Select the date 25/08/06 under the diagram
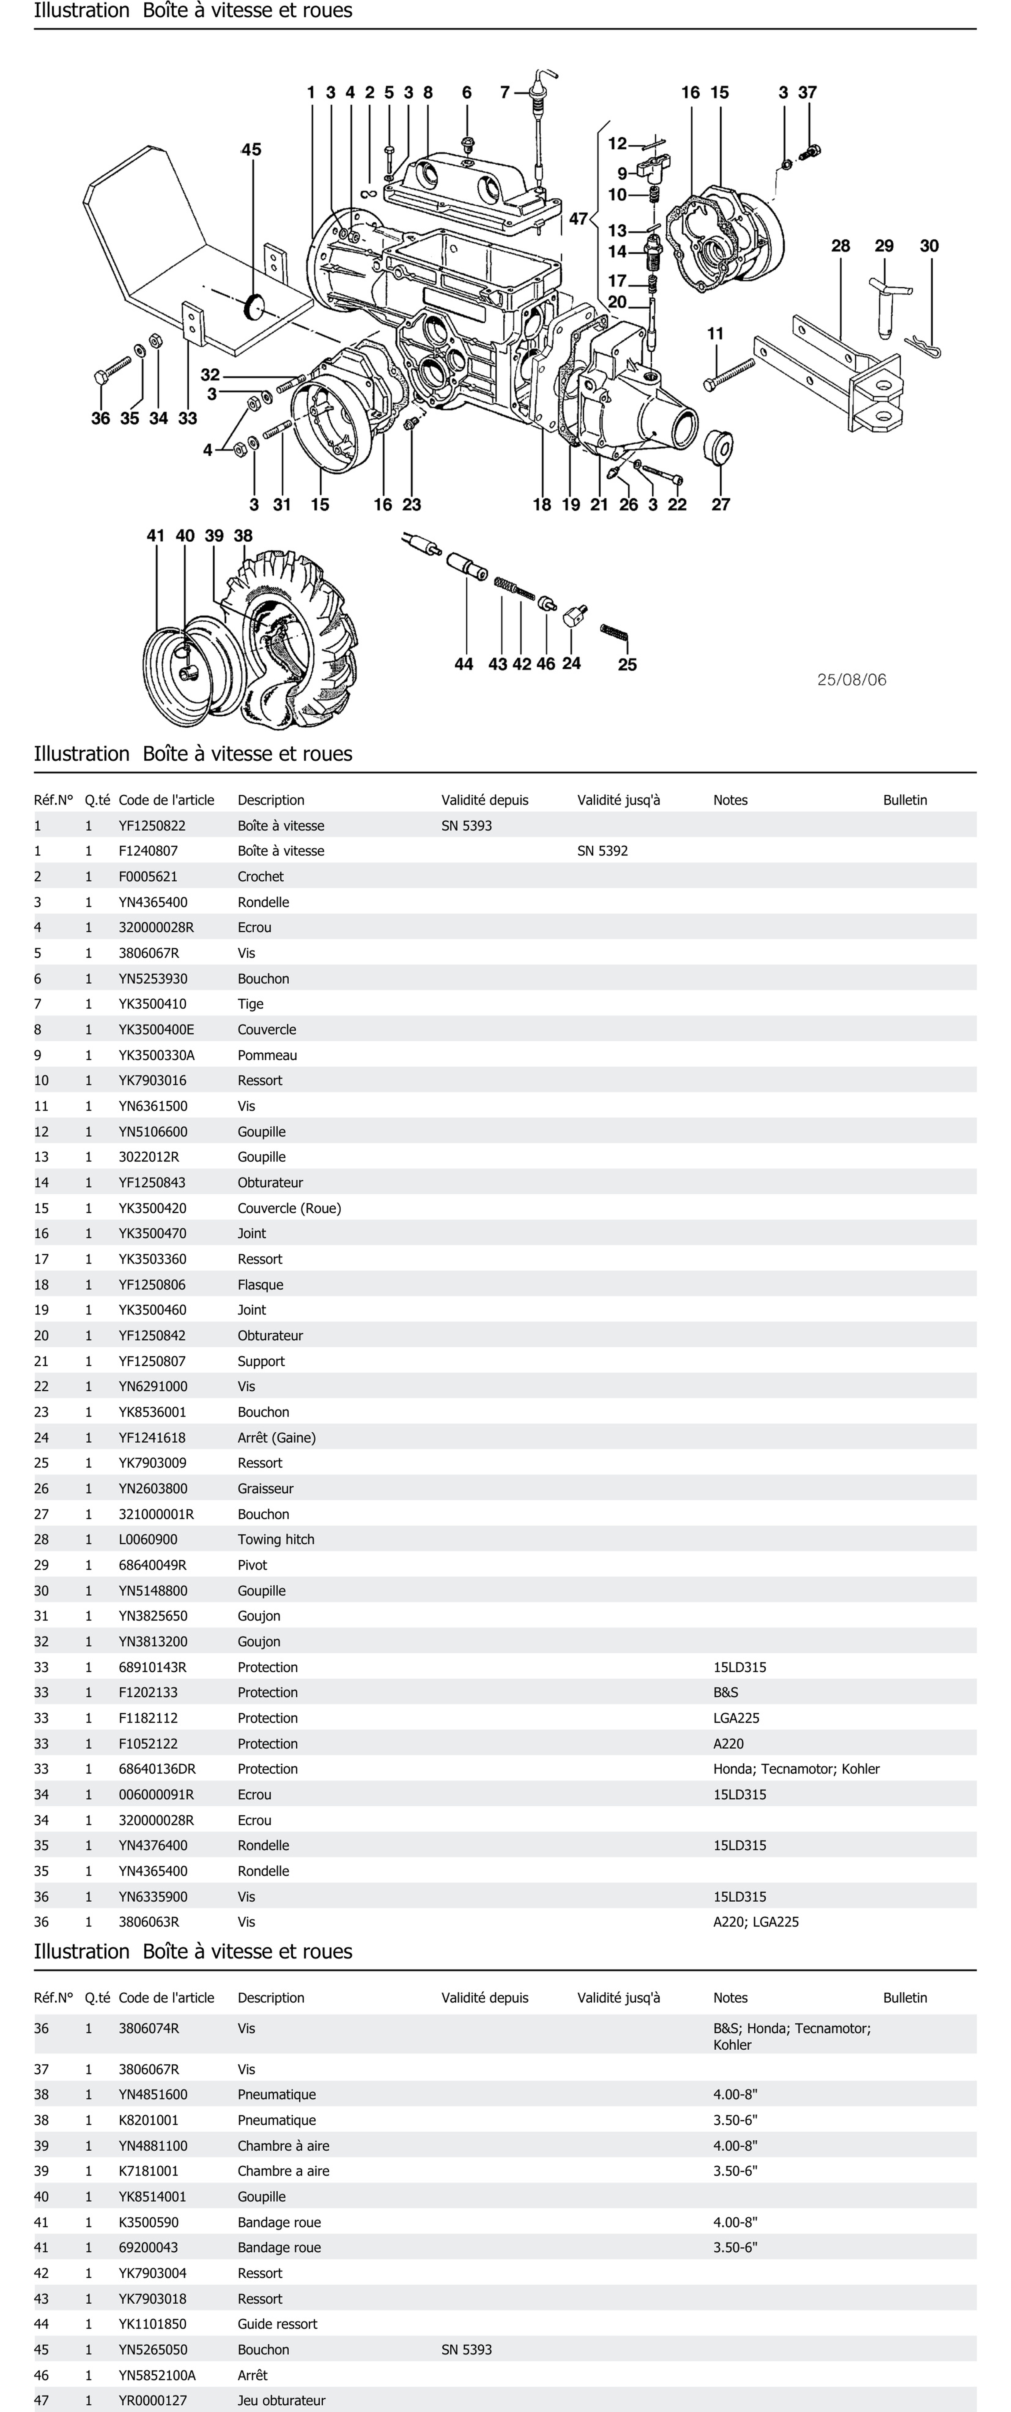[x=851, y=680]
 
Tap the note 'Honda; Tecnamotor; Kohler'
[x=796, y=1769]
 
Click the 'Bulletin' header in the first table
[x=904, y=800]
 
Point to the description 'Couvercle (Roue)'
[x=288, y=1208]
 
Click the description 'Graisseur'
[x=265, y=1488]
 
